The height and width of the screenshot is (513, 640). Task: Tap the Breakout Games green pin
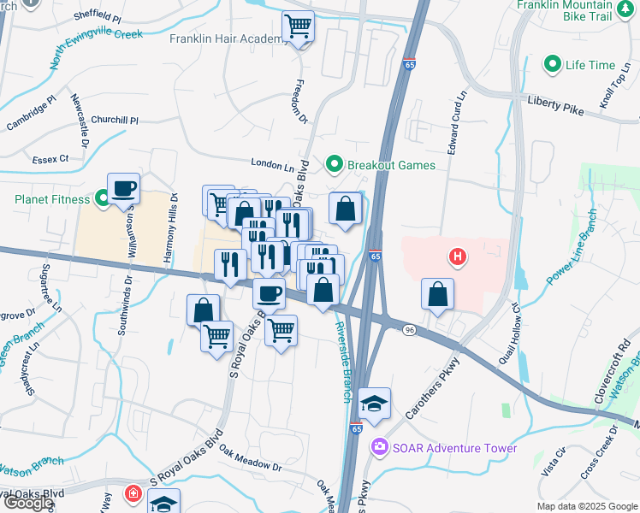click(334, 164)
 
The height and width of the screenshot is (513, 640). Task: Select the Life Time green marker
click(553, 65)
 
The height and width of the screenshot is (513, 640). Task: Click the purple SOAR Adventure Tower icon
click(378, 447)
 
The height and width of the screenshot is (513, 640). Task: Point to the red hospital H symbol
click(459, 256)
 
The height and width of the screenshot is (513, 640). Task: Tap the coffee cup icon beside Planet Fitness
click(123, 187)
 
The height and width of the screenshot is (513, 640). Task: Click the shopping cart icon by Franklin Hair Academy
click(298, 27)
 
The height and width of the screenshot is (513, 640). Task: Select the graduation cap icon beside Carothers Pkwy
click(374, 403)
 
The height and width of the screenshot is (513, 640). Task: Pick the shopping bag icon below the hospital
click(438, 294)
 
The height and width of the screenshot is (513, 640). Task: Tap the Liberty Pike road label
click(556, 105)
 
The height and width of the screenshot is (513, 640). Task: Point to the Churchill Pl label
click(114, 121)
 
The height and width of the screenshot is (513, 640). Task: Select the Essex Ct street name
click(51, 159)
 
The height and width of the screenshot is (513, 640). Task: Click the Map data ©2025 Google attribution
click(586, 506)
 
